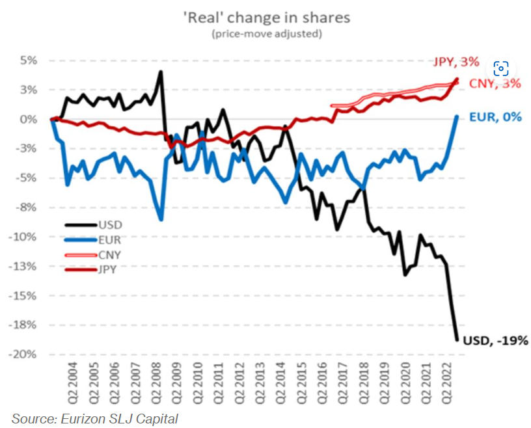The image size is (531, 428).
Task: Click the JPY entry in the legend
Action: point(108,269)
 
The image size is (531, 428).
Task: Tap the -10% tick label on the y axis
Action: point(25,237)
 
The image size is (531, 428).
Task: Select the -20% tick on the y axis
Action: point(25,354)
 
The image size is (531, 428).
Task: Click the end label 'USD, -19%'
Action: point(495,340)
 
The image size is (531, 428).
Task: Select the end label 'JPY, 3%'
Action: point(456,62)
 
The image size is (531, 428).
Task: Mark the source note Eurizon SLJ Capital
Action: point(94,418)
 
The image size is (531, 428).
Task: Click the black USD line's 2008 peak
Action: point(161,72)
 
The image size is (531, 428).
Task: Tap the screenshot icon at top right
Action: point(500,68)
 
